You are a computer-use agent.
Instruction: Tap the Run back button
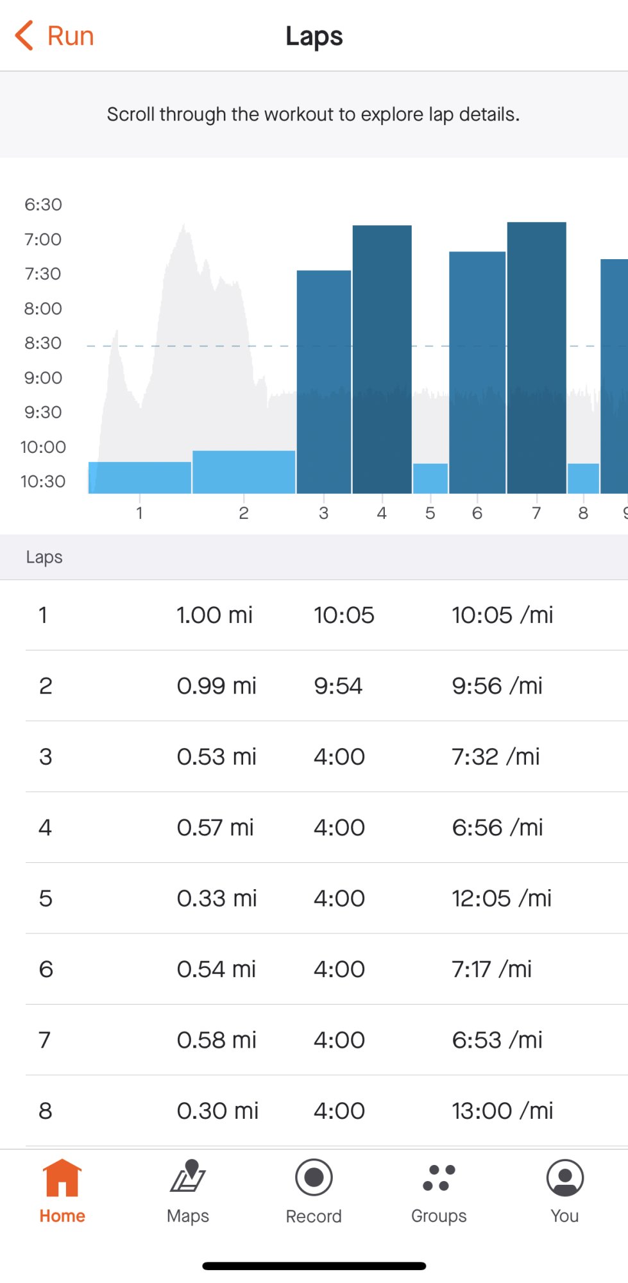pos(55,36)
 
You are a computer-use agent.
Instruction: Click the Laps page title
pos(314,36)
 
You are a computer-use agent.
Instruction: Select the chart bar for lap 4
pos(382,359)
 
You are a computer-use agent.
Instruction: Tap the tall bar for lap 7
pos(536,357)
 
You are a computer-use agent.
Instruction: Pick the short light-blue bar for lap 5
pos(430,478)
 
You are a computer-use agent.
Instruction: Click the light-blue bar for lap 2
pos(244,472)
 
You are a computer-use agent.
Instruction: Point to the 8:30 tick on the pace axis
pos(43,343)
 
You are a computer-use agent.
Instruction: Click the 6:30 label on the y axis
pos(43,205)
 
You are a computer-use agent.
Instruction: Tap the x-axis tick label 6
pos(477,513)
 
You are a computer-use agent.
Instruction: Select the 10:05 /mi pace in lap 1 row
pos(502,615)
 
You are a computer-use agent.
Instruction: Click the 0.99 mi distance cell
pos(216,686)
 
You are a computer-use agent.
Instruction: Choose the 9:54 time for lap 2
pos(338,686)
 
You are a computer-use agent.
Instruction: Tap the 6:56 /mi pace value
pos(497,828)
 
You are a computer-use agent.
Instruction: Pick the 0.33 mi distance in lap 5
pos(217,898)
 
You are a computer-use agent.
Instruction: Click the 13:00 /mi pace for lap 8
pos(502,1110)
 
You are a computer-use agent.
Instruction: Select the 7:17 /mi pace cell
pos(491,969)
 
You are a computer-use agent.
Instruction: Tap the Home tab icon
pos(62,1179)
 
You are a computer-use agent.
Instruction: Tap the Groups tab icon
pos(439,1179)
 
